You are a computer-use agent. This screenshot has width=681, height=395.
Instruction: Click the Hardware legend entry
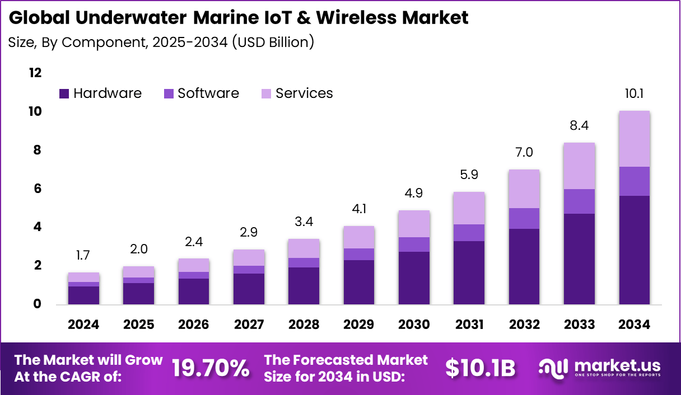(x=100, y=93)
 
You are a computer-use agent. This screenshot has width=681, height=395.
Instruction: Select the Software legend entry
(x=201, y=93)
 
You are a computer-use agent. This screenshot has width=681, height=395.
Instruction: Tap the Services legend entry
(x=297, y=93)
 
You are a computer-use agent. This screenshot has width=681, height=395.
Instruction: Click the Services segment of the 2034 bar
(x=634, y=139)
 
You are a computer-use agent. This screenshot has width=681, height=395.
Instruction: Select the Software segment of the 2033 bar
(x=579, y=201)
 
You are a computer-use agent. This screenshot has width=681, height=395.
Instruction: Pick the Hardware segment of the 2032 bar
(x=524, y=266)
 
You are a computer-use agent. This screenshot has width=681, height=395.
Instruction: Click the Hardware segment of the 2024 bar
(x=83, y=295)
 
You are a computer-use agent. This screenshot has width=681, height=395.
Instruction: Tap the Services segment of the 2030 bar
(x=414, y=224)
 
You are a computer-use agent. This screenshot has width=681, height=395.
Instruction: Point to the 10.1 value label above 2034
(x=634, y=93)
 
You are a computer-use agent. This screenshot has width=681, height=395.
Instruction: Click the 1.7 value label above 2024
(x=83, y=256)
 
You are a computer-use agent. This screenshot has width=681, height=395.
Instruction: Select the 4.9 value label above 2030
(x=414, y=194)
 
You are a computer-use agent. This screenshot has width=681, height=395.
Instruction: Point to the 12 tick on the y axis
(x=35, y=73)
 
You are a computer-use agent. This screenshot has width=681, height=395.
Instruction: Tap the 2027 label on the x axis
(x=249, y=325)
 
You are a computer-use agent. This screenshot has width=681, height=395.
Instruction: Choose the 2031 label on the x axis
(x=469, y=325)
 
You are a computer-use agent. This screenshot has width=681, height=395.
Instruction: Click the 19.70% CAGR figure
(x=210, y=368)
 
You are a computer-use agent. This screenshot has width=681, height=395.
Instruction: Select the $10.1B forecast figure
(x=480, y=368)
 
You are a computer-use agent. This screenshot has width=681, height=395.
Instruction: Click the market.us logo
(x=599, y=368)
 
